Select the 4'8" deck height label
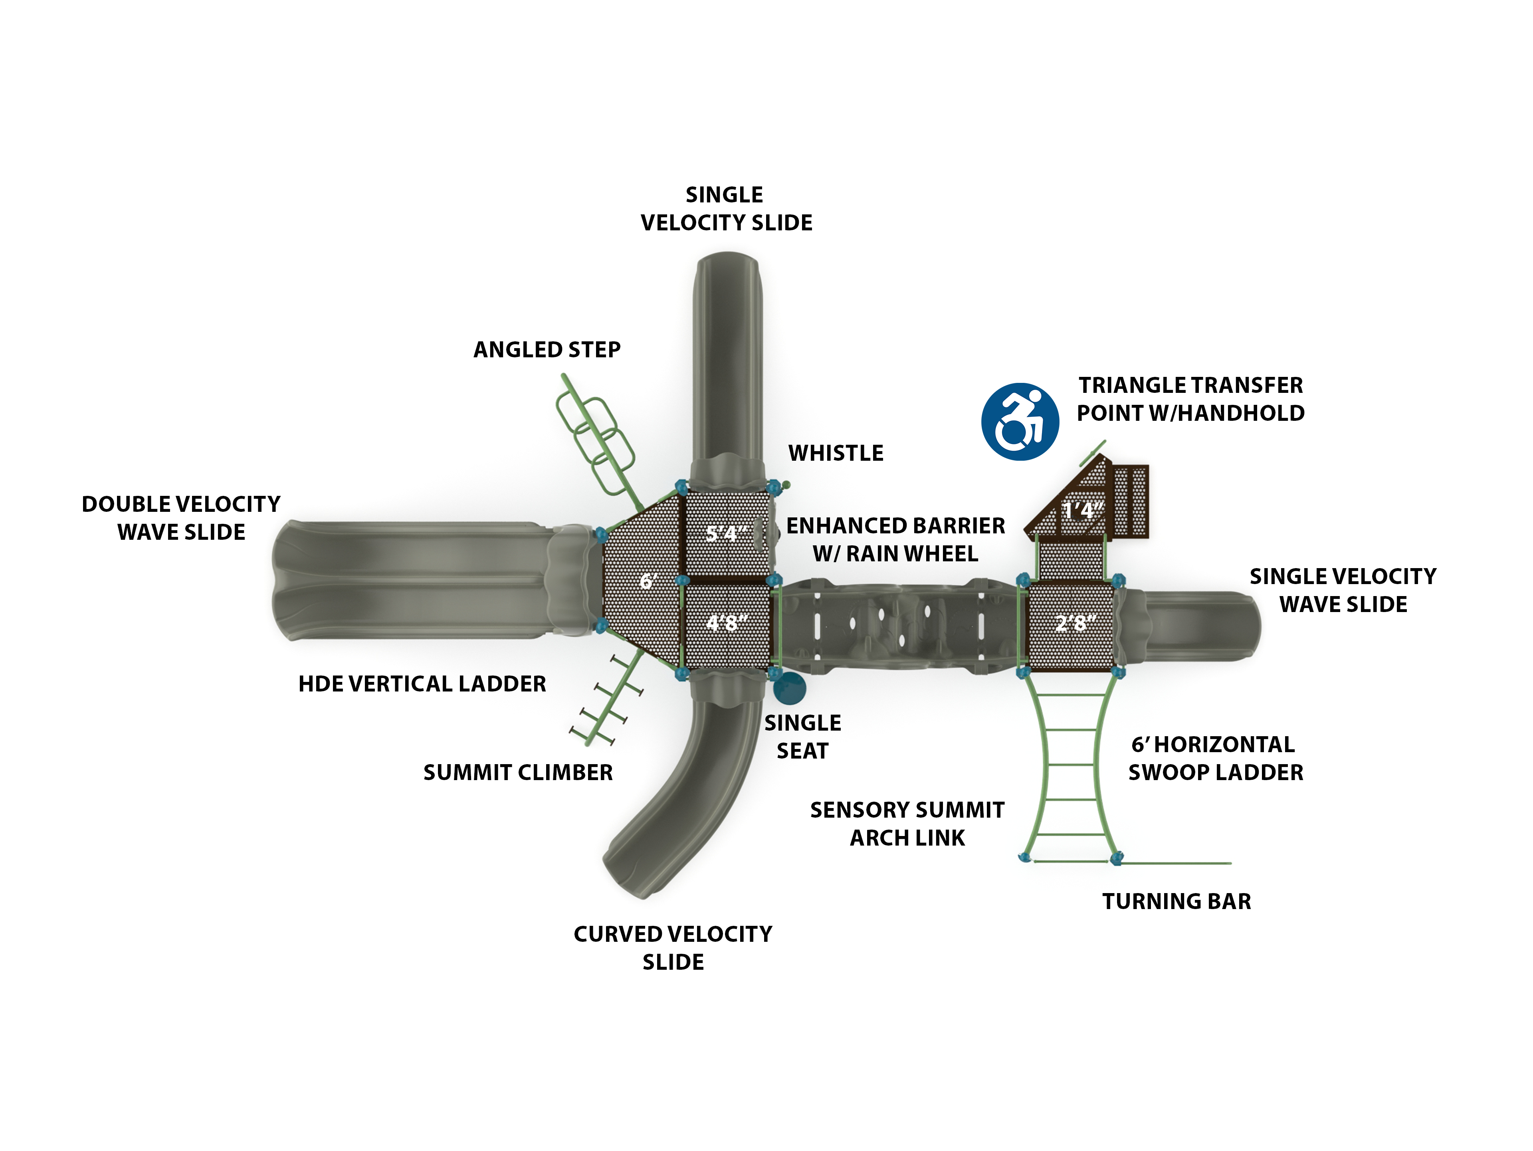pos(726,622)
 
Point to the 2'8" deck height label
pos(1075,622)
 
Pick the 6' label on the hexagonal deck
pos(648,581)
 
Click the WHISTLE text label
pos(836,453)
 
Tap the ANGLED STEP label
pos(547,350)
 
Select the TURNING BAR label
pos(1177,901)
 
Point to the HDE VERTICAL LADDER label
pos(422,684)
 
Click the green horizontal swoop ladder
pos(1071,766)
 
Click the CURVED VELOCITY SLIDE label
pos(673,948)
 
